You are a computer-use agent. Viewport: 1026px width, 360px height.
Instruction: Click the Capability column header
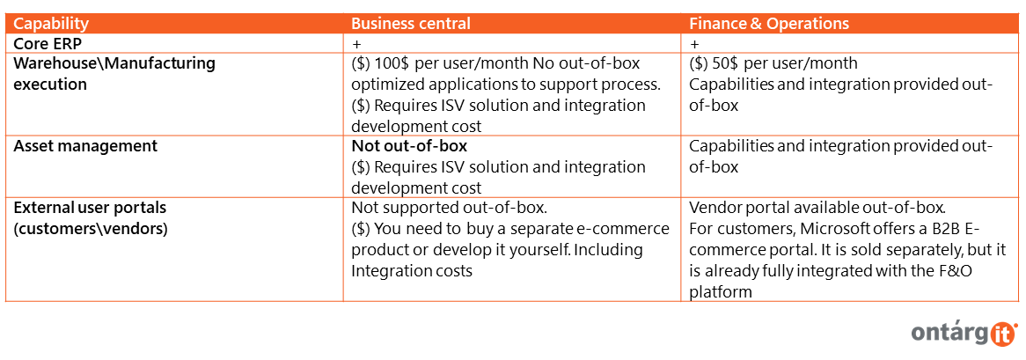(x=51, y=24)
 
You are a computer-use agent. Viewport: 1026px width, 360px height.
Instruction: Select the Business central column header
(x=411, y=24)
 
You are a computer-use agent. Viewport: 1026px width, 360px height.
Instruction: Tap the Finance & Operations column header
(x=769, y=24)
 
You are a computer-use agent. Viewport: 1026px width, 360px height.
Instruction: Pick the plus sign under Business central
(x=355, y=45)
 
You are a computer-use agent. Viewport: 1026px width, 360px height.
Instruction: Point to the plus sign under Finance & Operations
(x=693, y=45)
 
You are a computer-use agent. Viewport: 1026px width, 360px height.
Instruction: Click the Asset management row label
(x=85, y=146)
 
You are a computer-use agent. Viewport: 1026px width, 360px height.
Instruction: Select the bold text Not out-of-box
(x=410, y=146)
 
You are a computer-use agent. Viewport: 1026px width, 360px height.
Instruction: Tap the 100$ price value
(x=392, y=64)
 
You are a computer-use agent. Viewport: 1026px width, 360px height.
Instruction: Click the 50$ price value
(x=726, y=64)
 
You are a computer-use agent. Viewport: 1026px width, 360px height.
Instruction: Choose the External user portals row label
(x=91, y=208)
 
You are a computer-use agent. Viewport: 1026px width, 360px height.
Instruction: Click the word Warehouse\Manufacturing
(x=114, y=64)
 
